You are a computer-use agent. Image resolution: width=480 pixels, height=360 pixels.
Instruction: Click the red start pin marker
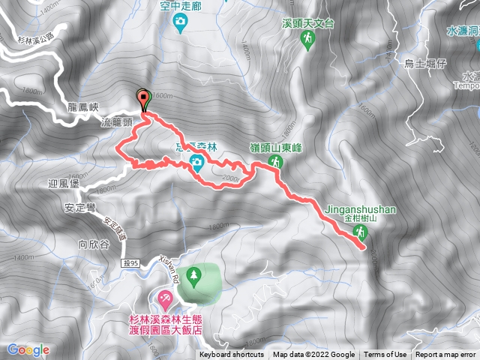[x=142, y=96]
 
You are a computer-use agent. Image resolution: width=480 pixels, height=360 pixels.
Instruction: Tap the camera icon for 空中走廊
[x=180, y=25]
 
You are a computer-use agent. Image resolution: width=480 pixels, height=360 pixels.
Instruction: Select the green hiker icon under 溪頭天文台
[x=307, y=43]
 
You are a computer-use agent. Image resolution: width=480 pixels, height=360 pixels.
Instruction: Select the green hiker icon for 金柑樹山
[x=361, y=232]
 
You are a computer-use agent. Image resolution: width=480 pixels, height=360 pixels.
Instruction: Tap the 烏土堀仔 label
[x=425, y=64]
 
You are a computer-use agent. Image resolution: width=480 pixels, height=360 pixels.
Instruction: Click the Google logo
[x=28, y=350]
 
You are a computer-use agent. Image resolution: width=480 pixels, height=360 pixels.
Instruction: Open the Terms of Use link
[x=385, y=355]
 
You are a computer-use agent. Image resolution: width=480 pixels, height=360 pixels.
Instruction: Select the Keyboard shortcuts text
[x=232, y=355]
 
